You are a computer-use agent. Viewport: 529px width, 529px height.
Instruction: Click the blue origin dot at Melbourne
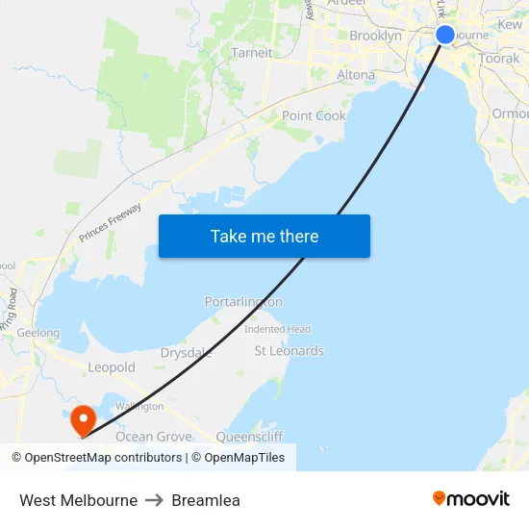[x=445, y=35]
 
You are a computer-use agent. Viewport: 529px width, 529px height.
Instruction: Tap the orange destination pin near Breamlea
[x=83, y=418]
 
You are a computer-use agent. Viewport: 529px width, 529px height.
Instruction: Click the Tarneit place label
[x=252, y=53]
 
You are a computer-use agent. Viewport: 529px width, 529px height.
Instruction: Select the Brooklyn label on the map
[x=375, y=36]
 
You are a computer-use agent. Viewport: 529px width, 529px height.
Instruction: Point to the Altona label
[x=356, y=74]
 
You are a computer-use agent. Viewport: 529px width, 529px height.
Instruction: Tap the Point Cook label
[x=314, y=115]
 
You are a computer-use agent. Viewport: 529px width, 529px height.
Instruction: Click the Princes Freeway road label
[x=111, y=221]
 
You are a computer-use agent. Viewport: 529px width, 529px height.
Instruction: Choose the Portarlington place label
[x=243, y=302]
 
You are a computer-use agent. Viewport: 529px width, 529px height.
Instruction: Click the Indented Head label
[x=277, y=329]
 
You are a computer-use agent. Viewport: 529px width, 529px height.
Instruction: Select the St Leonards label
[x=289, y=351]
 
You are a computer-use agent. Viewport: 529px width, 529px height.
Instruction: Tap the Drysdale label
[x=187, y=353]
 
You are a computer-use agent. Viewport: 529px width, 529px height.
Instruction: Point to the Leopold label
[x=112, y=367]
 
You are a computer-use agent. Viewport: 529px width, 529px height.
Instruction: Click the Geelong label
[x=38, y=334]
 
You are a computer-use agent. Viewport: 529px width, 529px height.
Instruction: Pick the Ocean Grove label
[x=154, y=437]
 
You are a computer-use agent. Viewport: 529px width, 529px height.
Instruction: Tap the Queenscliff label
[x=249, y=437]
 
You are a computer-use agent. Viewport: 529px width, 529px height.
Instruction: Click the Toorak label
[x=499, y=59]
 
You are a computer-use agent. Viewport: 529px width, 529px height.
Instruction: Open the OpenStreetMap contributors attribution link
[x=100, y=458]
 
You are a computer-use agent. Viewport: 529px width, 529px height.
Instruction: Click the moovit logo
[x=470, y=499]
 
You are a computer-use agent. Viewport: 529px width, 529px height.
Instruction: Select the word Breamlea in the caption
[x=206, y=500]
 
